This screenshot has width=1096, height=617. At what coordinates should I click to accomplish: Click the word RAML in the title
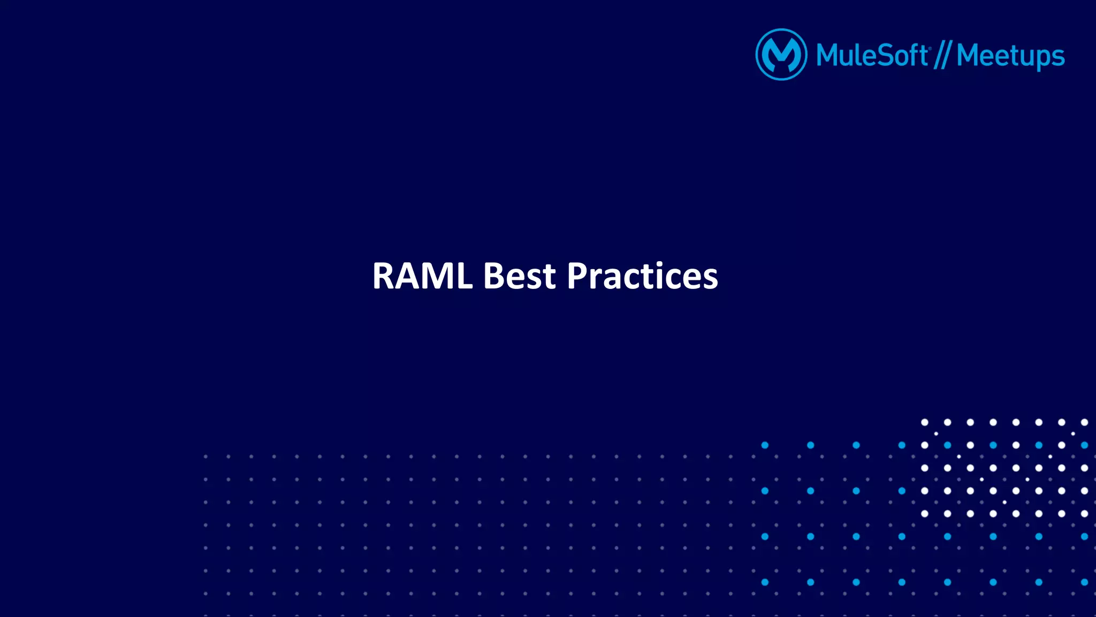point(422,276)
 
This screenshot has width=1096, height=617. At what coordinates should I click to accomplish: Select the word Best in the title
point(519,276)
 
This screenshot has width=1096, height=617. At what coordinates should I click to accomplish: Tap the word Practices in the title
point(642,276)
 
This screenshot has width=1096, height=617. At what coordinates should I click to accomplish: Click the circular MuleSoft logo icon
point(781,55)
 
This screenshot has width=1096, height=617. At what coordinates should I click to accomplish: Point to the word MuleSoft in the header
point(872,56)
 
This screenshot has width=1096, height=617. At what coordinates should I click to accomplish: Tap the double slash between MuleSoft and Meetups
point(942,56)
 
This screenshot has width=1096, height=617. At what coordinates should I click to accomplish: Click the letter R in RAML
point(384,277)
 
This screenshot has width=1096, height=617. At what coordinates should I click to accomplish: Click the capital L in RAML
point(463,277)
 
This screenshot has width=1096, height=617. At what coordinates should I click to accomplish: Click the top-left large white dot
point(924,422)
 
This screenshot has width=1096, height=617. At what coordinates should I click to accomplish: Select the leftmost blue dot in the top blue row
point(765,445)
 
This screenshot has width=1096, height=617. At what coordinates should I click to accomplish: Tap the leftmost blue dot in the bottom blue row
point(765,582)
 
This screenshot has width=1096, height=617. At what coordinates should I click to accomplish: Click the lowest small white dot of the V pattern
point(1004,502)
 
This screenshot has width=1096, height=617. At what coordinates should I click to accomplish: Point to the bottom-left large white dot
point(924,514)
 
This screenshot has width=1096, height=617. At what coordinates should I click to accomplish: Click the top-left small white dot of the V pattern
point(936,433)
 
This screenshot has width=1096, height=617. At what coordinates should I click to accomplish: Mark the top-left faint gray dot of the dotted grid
point(205,456)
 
